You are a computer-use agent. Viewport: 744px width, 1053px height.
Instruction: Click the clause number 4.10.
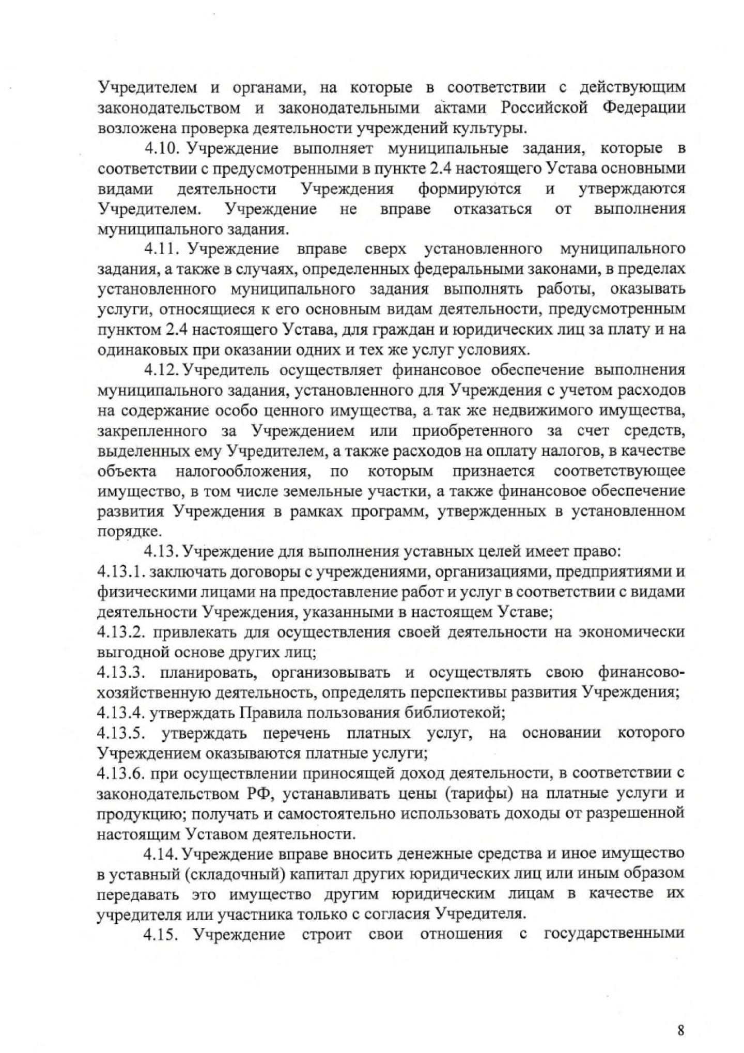point(162,149)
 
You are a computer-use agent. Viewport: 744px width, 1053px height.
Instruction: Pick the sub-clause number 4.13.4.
point(120,713)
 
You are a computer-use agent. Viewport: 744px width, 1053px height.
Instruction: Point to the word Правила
point(268,713)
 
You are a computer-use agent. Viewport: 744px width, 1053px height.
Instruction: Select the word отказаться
point(492,209)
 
